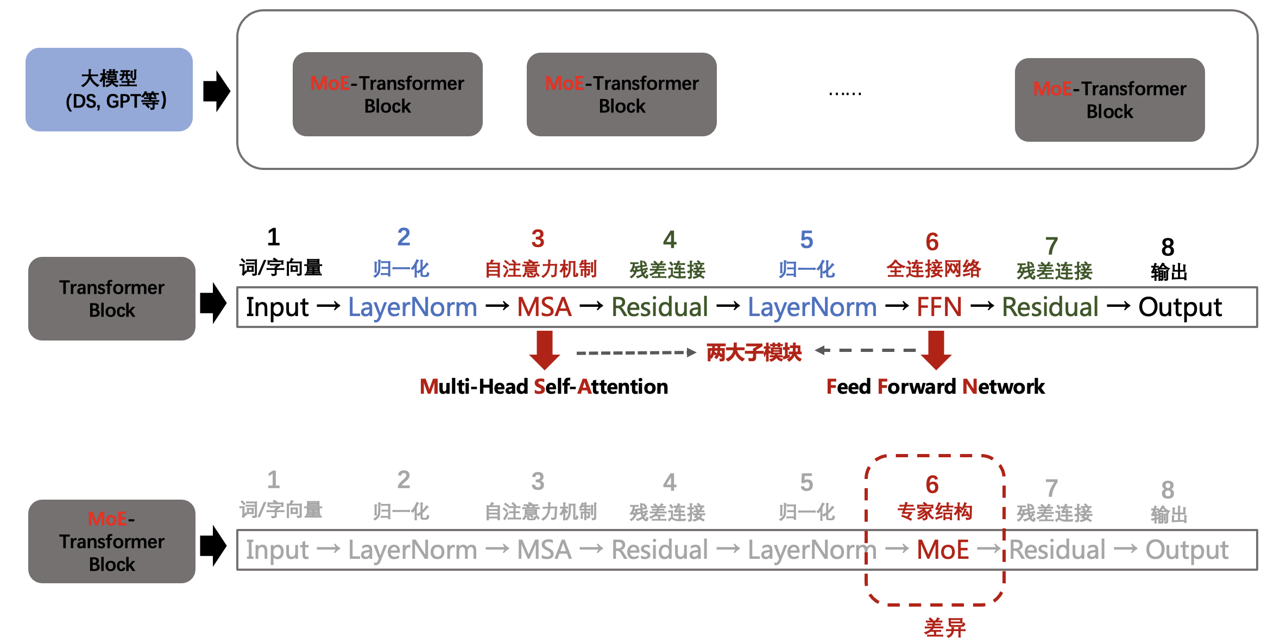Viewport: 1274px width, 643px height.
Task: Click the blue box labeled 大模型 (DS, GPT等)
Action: point(109,90)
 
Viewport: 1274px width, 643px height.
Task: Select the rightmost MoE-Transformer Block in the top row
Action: point(1109,100)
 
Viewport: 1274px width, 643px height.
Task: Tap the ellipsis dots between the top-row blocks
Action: point(845,93)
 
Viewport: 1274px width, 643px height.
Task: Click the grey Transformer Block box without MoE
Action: point(111,299)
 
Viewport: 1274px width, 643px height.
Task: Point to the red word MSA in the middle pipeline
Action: point(544,307)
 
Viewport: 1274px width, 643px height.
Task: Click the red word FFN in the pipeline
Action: point(939,307)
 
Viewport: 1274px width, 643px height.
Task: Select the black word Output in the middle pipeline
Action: point(1180,307)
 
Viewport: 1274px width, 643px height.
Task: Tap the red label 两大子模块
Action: point(754,352)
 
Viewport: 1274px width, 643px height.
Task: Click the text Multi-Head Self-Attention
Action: point(544,387)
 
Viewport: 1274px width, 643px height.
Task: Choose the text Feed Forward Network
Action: point(935,387)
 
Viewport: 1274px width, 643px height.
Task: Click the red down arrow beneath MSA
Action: point(545,350)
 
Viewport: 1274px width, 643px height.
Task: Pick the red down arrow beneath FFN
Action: point(936,350)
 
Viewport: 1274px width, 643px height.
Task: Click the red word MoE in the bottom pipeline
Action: point(943,550)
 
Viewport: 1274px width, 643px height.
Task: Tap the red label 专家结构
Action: point(935,512)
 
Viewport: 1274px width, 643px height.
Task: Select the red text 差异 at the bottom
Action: point(945,628)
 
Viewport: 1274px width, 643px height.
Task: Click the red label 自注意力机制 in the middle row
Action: point(540,269)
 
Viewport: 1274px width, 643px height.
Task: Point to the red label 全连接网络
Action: point(934,269)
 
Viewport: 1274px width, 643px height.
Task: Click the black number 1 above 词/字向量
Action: point(273,237)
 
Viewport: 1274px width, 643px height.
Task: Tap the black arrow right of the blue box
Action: point(216,91)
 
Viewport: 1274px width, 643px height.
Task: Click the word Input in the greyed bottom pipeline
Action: point(277,550)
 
